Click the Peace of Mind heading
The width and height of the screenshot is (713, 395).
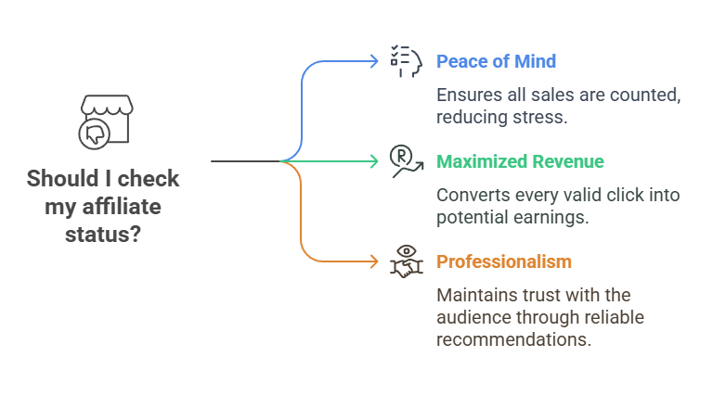point(497,62)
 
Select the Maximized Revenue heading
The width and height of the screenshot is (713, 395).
point(520,161)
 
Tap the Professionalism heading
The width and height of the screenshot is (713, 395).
point(504,261)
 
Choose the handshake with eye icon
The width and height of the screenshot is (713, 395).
point(406,261)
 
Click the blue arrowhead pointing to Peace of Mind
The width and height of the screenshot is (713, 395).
point(374,61)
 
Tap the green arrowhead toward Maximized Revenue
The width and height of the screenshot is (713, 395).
point(374,161)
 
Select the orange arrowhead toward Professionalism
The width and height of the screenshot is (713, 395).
point(374,261)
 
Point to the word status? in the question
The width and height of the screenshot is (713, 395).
point(102,234)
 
